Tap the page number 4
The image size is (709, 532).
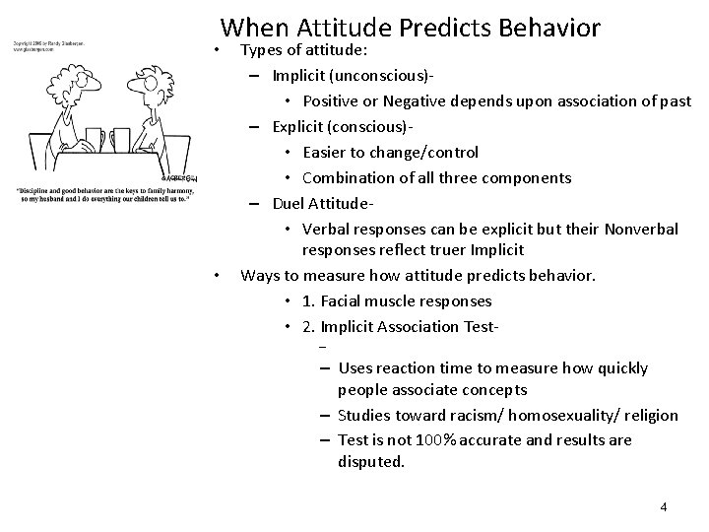[664, 506]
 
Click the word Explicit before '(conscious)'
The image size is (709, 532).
[294, 126]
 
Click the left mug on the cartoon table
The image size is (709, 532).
[95, 139]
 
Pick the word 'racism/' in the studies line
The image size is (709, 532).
[478, 415]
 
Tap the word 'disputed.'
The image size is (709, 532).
[371, 460]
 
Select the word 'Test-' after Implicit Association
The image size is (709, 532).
[479, 326]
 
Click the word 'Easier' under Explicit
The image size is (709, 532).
[327, 152]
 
